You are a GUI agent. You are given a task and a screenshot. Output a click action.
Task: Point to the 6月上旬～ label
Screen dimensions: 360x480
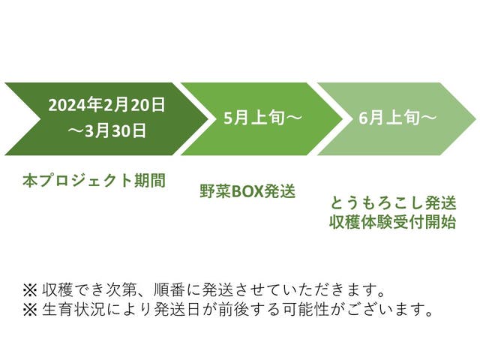(x=397, y=118)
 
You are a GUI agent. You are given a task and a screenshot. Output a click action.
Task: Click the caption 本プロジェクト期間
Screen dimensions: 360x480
(x=94, y=180)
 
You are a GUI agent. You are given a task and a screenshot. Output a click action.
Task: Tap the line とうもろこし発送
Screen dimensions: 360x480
(x=392, y=203)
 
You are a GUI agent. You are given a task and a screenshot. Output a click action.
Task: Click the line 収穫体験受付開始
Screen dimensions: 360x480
(x=392, y=222)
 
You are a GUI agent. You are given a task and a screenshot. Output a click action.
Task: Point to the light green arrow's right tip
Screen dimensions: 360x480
(x=474, y=118)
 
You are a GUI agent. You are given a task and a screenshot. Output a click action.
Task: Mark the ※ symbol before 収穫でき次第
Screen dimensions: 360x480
(x=28, y=289)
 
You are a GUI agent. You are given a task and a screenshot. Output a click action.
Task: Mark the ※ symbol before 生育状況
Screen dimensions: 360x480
(x=28, y=309)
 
